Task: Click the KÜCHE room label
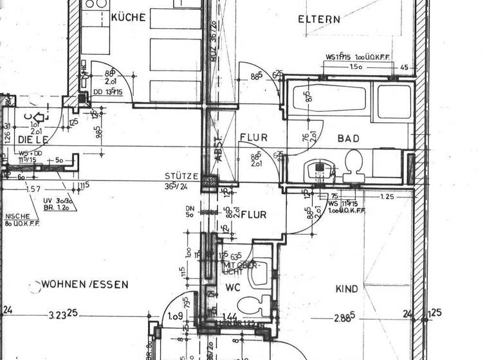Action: click(x=128, y=17)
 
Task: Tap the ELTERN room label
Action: click(x=319, y=19)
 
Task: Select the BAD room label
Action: click(x=349, y=138)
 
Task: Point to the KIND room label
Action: click(x=347, y=289)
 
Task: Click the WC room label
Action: click(x=232, y=289)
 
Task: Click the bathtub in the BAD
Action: click(x=328, y=100)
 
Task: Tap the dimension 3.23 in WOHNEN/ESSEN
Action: click(x=62, y=315)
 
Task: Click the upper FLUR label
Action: click(x=253, y=138)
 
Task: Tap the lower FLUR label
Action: click(x=253, y=215)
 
